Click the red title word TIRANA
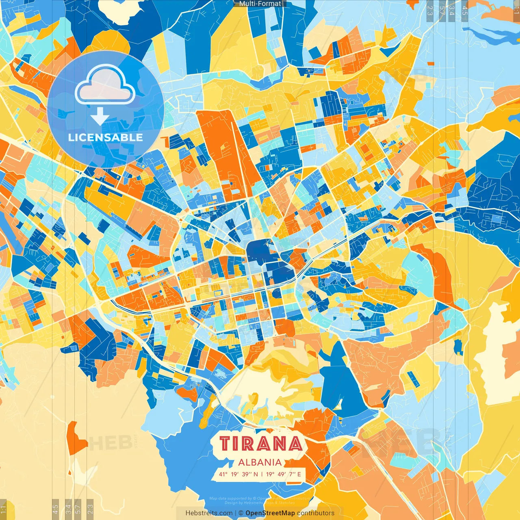pos(261,444)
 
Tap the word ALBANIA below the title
pos(260,462)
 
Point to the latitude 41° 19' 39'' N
pos(238,474)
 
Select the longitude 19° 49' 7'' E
pos(284,474)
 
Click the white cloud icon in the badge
pos(105,85)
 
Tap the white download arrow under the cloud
pos(100,116)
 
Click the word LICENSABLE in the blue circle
pos(106,137)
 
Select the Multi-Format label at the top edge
pos(260,4)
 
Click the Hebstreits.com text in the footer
pos(209,513)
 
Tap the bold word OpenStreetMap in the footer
pos(270,513)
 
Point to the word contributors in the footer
pos(316,513)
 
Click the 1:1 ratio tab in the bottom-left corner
pos(3,509)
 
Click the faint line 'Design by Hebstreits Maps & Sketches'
pos(260,503)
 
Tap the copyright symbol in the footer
pos(240,513)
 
